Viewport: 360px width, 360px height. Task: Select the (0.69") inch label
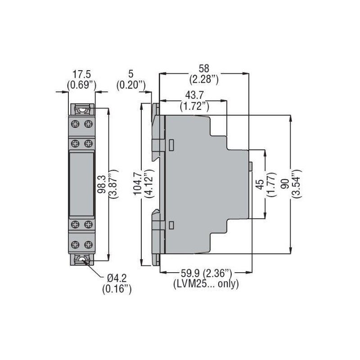[x=81, y=84]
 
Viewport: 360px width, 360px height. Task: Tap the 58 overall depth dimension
[x=204, y=69]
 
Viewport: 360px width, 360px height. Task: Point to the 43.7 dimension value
[x=194, y=96]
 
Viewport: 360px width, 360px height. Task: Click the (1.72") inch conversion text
[x=194, y=106]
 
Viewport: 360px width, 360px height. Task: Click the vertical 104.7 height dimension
[x=138, y=184]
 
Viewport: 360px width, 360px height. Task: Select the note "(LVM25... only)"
[x=206, y=283]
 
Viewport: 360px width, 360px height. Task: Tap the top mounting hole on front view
[x=82, y=109]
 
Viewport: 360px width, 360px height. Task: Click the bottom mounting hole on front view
[x=82, y=259]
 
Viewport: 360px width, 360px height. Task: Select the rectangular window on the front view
[x=81, y=184]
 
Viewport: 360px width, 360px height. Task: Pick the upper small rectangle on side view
[x=171, y=145]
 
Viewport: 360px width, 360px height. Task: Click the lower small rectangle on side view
[x=171, y=225]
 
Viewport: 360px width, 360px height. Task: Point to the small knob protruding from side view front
[x=250, y=167]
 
